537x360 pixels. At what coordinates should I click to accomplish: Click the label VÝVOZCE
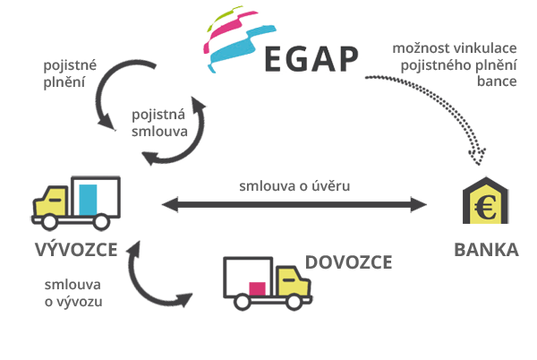(75, 249)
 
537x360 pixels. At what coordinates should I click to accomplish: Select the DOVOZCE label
(348, 261)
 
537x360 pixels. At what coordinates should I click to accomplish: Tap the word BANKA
(486, 249)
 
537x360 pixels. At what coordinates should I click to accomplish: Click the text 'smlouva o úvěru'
(294, 185)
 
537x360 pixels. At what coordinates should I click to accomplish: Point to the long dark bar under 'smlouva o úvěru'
(294, 205)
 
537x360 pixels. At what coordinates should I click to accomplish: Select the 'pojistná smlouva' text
(159, 123)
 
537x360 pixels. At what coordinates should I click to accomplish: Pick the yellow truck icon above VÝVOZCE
(53, 201)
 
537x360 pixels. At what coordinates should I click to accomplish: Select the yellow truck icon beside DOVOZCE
(292, 282)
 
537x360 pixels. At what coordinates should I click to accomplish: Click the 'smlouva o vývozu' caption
(73, 293)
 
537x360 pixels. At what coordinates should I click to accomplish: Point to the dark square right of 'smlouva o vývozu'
(159, 275)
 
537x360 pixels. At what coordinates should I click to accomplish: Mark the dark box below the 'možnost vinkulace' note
(424, 121)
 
